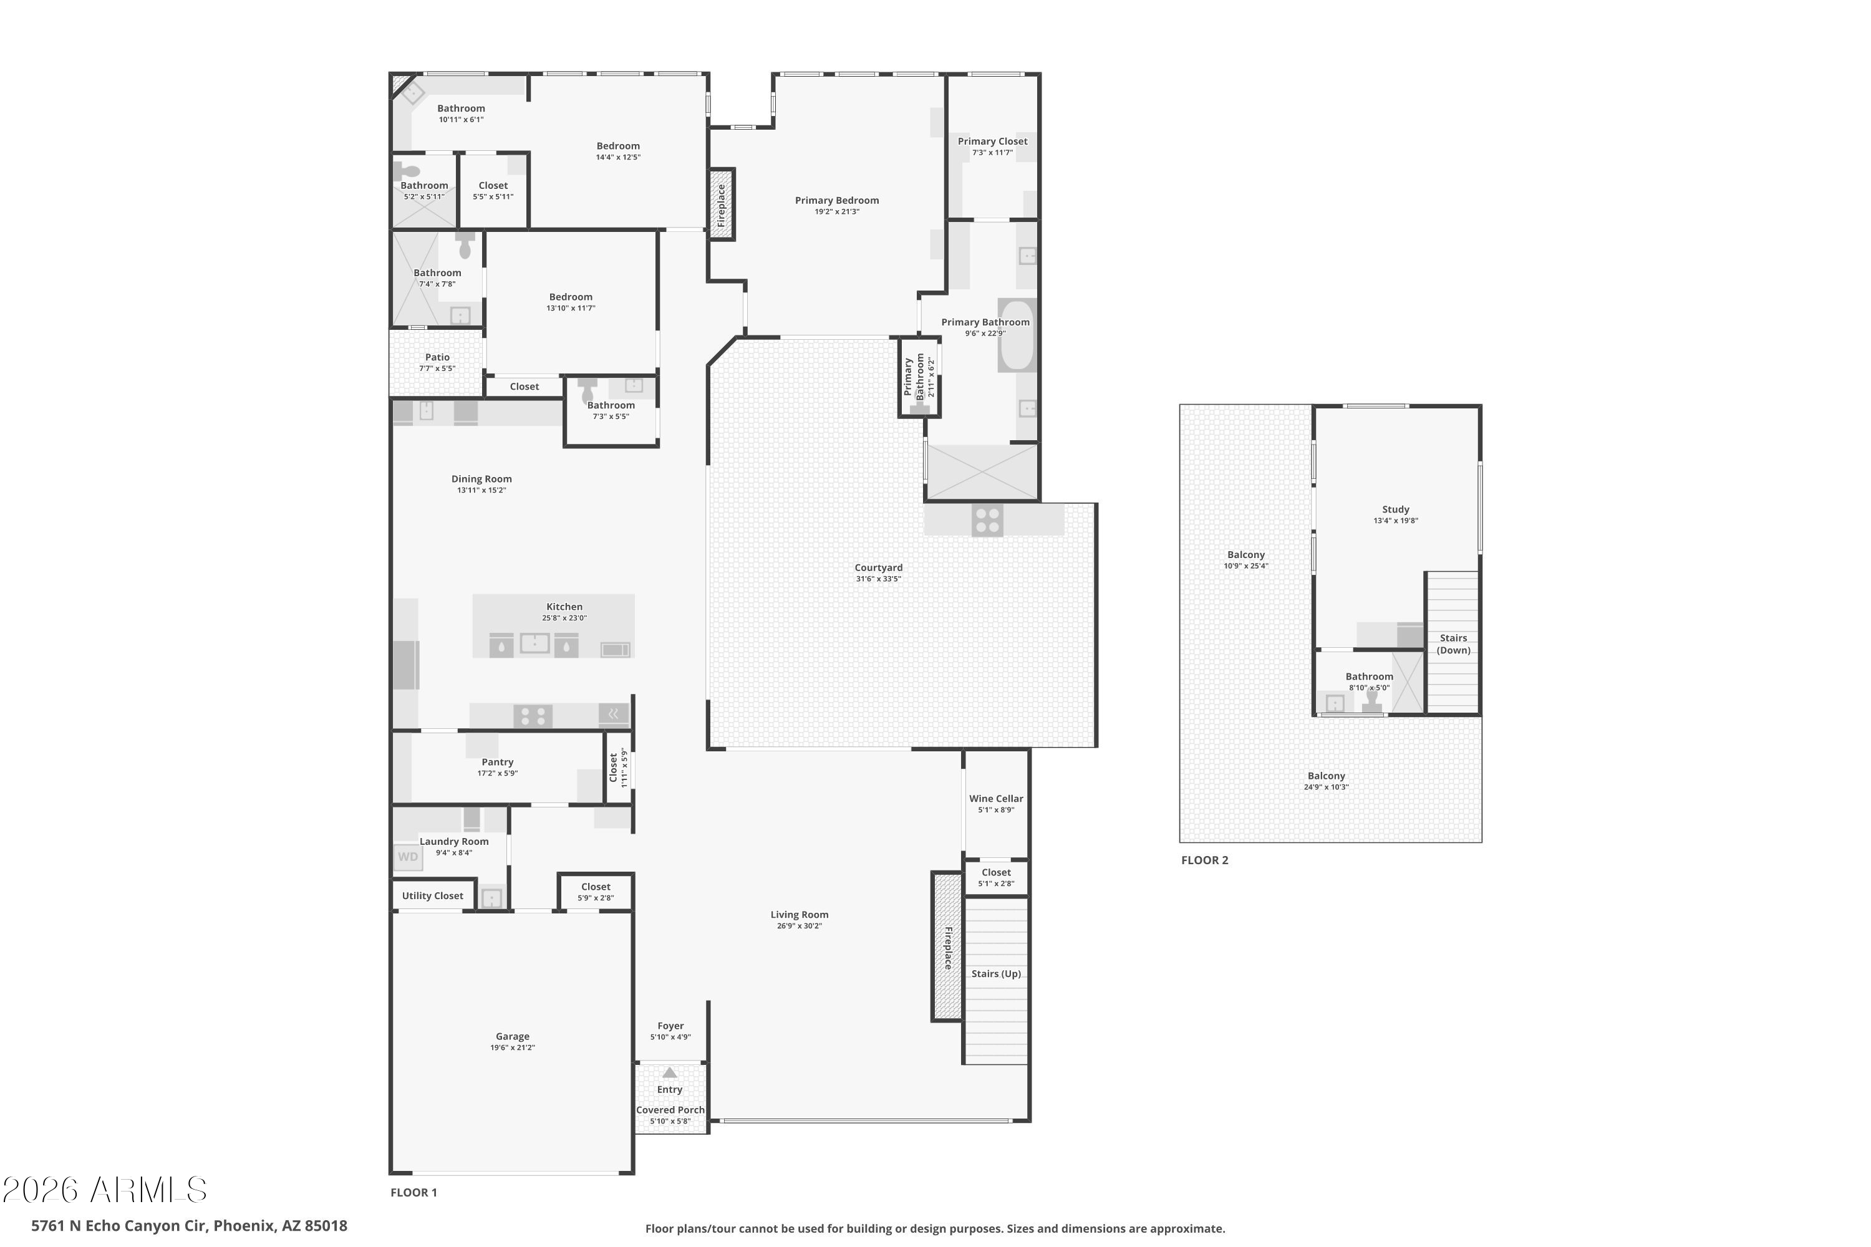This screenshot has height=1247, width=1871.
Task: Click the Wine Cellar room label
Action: pyautogui.click(x=996, y=799)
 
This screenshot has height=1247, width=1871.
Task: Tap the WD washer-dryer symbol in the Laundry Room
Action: pyautogui.click(x=407, y=857)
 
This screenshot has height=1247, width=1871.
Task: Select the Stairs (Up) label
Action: pyautogui.click(x=996, y=973)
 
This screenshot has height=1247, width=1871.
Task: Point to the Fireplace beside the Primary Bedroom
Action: pyautogui.click(x=722, y=205)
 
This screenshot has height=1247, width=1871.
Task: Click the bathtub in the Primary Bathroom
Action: pyautogui.click(x=1017, y=335)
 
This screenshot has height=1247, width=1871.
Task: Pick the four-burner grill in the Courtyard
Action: pyautogui.click(x=987, y=521)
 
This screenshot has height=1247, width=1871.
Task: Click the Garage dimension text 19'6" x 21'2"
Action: pyautogui.click(x=512, y=1047)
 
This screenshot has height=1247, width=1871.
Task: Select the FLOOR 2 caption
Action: pyautogui.click(x=1204, y=860)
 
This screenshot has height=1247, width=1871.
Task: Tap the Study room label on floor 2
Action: pyautogui.click(x=1395, y=509)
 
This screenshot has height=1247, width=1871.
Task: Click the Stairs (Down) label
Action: pyautogui.click(x=1453, y=644)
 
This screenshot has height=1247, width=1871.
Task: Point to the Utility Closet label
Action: pyautogui.click(x=432, y=895)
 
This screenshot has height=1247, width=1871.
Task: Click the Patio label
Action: pyautogui.click(x=437, y=357)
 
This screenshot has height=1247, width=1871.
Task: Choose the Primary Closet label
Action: pyautogui.click(x=992, y=141)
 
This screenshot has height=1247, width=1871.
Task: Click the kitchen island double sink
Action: pyautogui.click(x=534, y=643)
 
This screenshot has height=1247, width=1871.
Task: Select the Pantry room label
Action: pyautogui.click(x=497, y=762)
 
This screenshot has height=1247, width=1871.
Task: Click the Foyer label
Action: pyautogui.click(x=670, y=1026)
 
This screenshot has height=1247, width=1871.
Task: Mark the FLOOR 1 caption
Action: pyautogui.click(x=413, y=1192)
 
